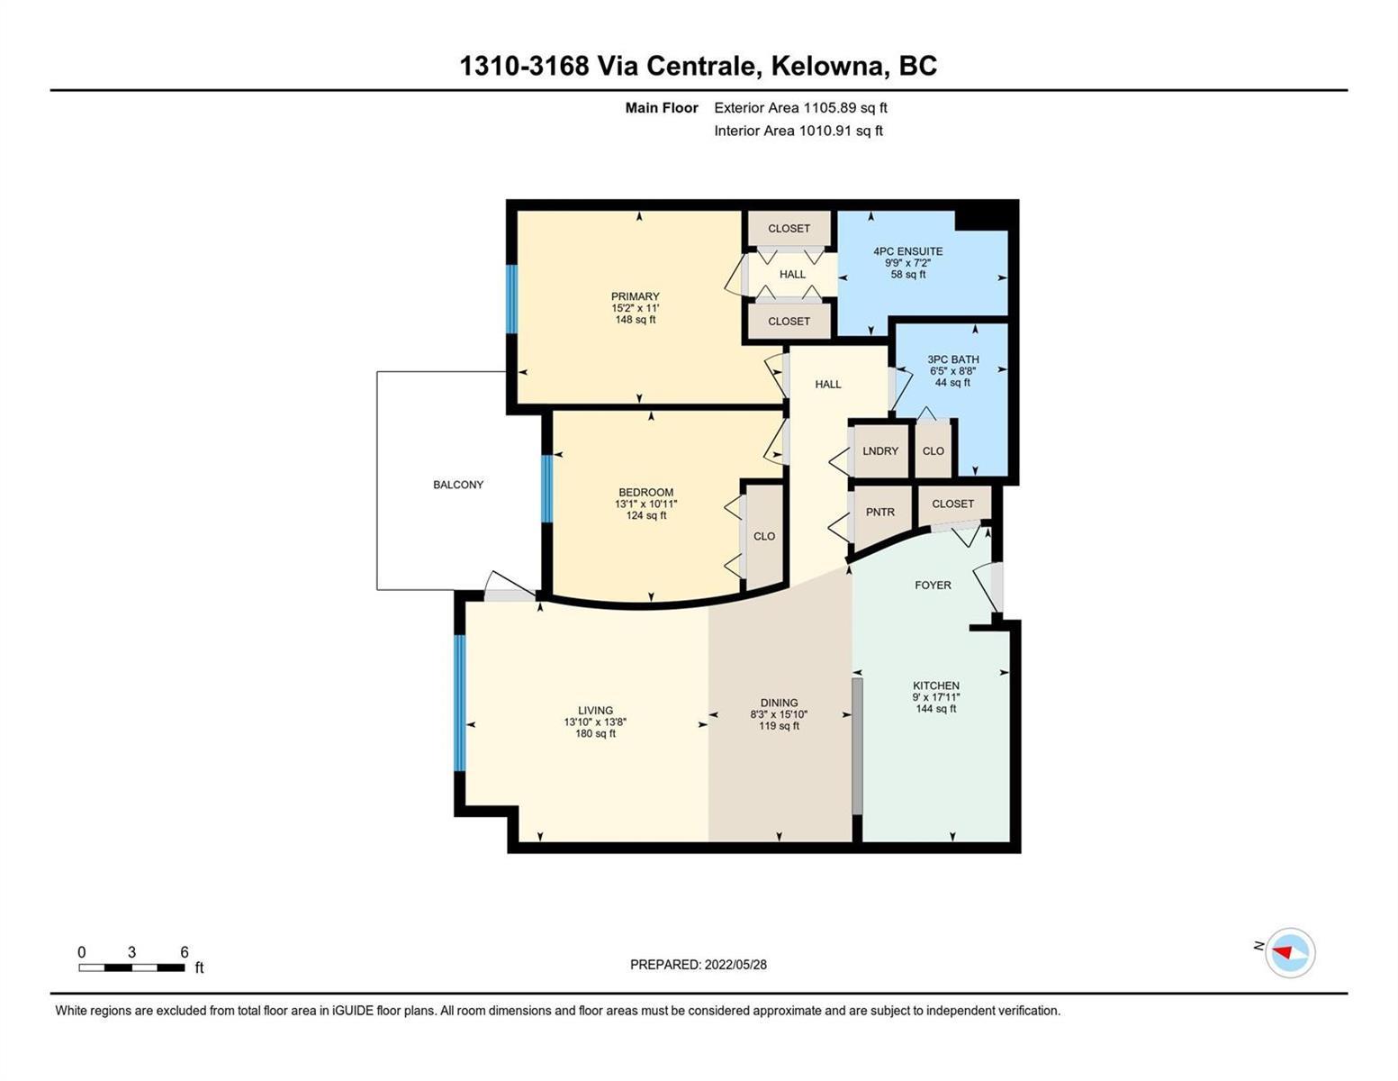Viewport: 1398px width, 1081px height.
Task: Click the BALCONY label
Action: [457, 485]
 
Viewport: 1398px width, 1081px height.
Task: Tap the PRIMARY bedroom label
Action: [635, 296]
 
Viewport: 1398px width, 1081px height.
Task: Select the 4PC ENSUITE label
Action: [907, 251]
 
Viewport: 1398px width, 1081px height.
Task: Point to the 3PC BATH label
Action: [952, 359]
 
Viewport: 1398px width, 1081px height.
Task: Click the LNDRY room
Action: [879, 450]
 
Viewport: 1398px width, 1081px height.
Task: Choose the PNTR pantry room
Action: [880, 515]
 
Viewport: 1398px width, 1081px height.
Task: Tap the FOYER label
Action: [933, 586]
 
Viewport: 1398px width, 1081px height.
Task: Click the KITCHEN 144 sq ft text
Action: [936, 709]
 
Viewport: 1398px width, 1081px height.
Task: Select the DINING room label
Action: [779, 703]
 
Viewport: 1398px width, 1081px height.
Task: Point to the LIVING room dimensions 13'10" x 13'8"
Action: [595, 722]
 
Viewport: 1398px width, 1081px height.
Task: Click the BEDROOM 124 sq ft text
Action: [646, 515]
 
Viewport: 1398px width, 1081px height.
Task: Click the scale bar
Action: [132, 967]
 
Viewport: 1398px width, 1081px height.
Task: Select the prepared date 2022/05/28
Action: [735, 965]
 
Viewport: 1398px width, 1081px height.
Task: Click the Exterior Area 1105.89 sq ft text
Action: [800, 108]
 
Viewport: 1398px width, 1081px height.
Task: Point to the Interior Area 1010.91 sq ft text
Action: [798, 132]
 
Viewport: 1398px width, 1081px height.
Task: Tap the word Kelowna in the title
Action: [827, 67]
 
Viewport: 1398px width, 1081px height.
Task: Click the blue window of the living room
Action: [460, 704]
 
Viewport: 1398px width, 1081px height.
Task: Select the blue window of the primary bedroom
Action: [511, 299]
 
